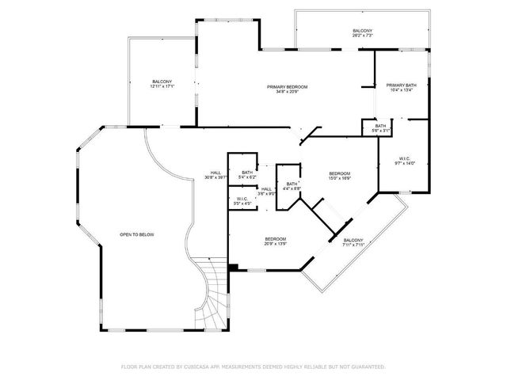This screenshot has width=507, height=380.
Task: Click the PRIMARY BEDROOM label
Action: pos(287,85)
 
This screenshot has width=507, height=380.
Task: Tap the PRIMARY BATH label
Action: pos(402,85)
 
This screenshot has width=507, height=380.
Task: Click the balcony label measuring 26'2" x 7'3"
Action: pos(362,31)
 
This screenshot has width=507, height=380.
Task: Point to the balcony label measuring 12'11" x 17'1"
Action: pos(162,82)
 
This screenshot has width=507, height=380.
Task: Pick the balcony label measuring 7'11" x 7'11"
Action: pos(353,240)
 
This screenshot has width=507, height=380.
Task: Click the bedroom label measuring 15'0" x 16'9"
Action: pos(339,173)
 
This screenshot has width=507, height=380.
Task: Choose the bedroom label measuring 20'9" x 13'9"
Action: pos(275,239)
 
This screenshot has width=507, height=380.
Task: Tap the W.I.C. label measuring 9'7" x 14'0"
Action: pos(405,158)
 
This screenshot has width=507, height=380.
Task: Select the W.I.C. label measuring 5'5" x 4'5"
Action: pos(242,199)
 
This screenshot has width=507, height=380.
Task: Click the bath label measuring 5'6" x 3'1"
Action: pos(380,126)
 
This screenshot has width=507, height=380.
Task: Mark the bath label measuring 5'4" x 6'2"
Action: pos(247,173)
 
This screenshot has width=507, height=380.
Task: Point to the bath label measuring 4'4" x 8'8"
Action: pos(292,184)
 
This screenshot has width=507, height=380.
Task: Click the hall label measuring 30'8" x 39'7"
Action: pos(215,173)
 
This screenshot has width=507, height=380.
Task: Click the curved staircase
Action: pos(210,293)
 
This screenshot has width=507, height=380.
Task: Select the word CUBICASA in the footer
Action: pos(203,367)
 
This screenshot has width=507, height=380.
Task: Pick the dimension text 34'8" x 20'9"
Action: pos(287,91)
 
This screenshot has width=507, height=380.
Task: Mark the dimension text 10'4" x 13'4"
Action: pos(402,90)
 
